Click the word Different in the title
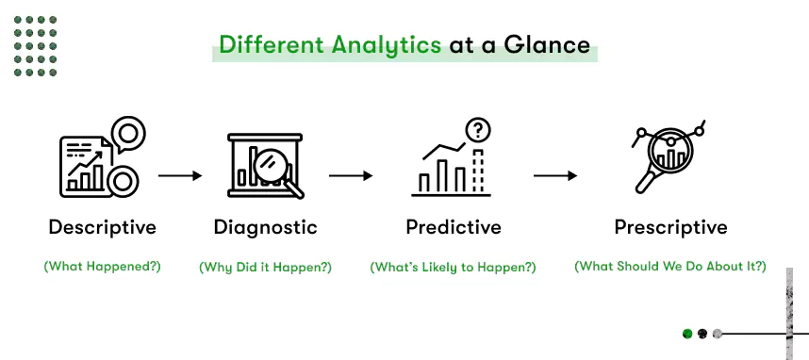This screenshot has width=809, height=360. pos(272,44)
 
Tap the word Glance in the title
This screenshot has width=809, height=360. pos(547,44)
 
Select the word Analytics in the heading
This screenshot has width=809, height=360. pos(387,45)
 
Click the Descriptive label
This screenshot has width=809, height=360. pos(102,227)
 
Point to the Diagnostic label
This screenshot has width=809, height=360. pos(265,227)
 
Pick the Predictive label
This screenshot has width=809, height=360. pos(454,227)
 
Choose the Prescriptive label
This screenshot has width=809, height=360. pos(670,227)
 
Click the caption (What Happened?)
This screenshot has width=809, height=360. pos(102,267)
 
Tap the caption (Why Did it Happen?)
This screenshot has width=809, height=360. pos(265,267)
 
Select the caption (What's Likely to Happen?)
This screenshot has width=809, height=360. pos(453,267)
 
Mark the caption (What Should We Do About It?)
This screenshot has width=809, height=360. pos(670,267)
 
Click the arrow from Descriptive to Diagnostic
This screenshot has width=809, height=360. pos(179,176)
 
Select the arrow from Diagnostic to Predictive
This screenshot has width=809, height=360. pos(351,176)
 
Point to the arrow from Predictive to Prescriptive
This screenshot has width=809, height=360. pos(555,176)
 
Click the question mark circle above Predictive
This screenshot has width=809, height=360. pos(478,130)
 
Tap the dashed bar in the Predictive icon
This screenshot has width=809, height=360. pos(479,172)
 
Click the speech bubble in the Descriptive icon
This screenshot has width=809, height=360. pos(127,134)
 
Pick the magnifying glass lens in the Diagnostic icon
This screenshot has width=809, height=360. pos(269,164)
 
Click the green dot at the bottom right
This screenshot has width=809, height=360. pos(687,334)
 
